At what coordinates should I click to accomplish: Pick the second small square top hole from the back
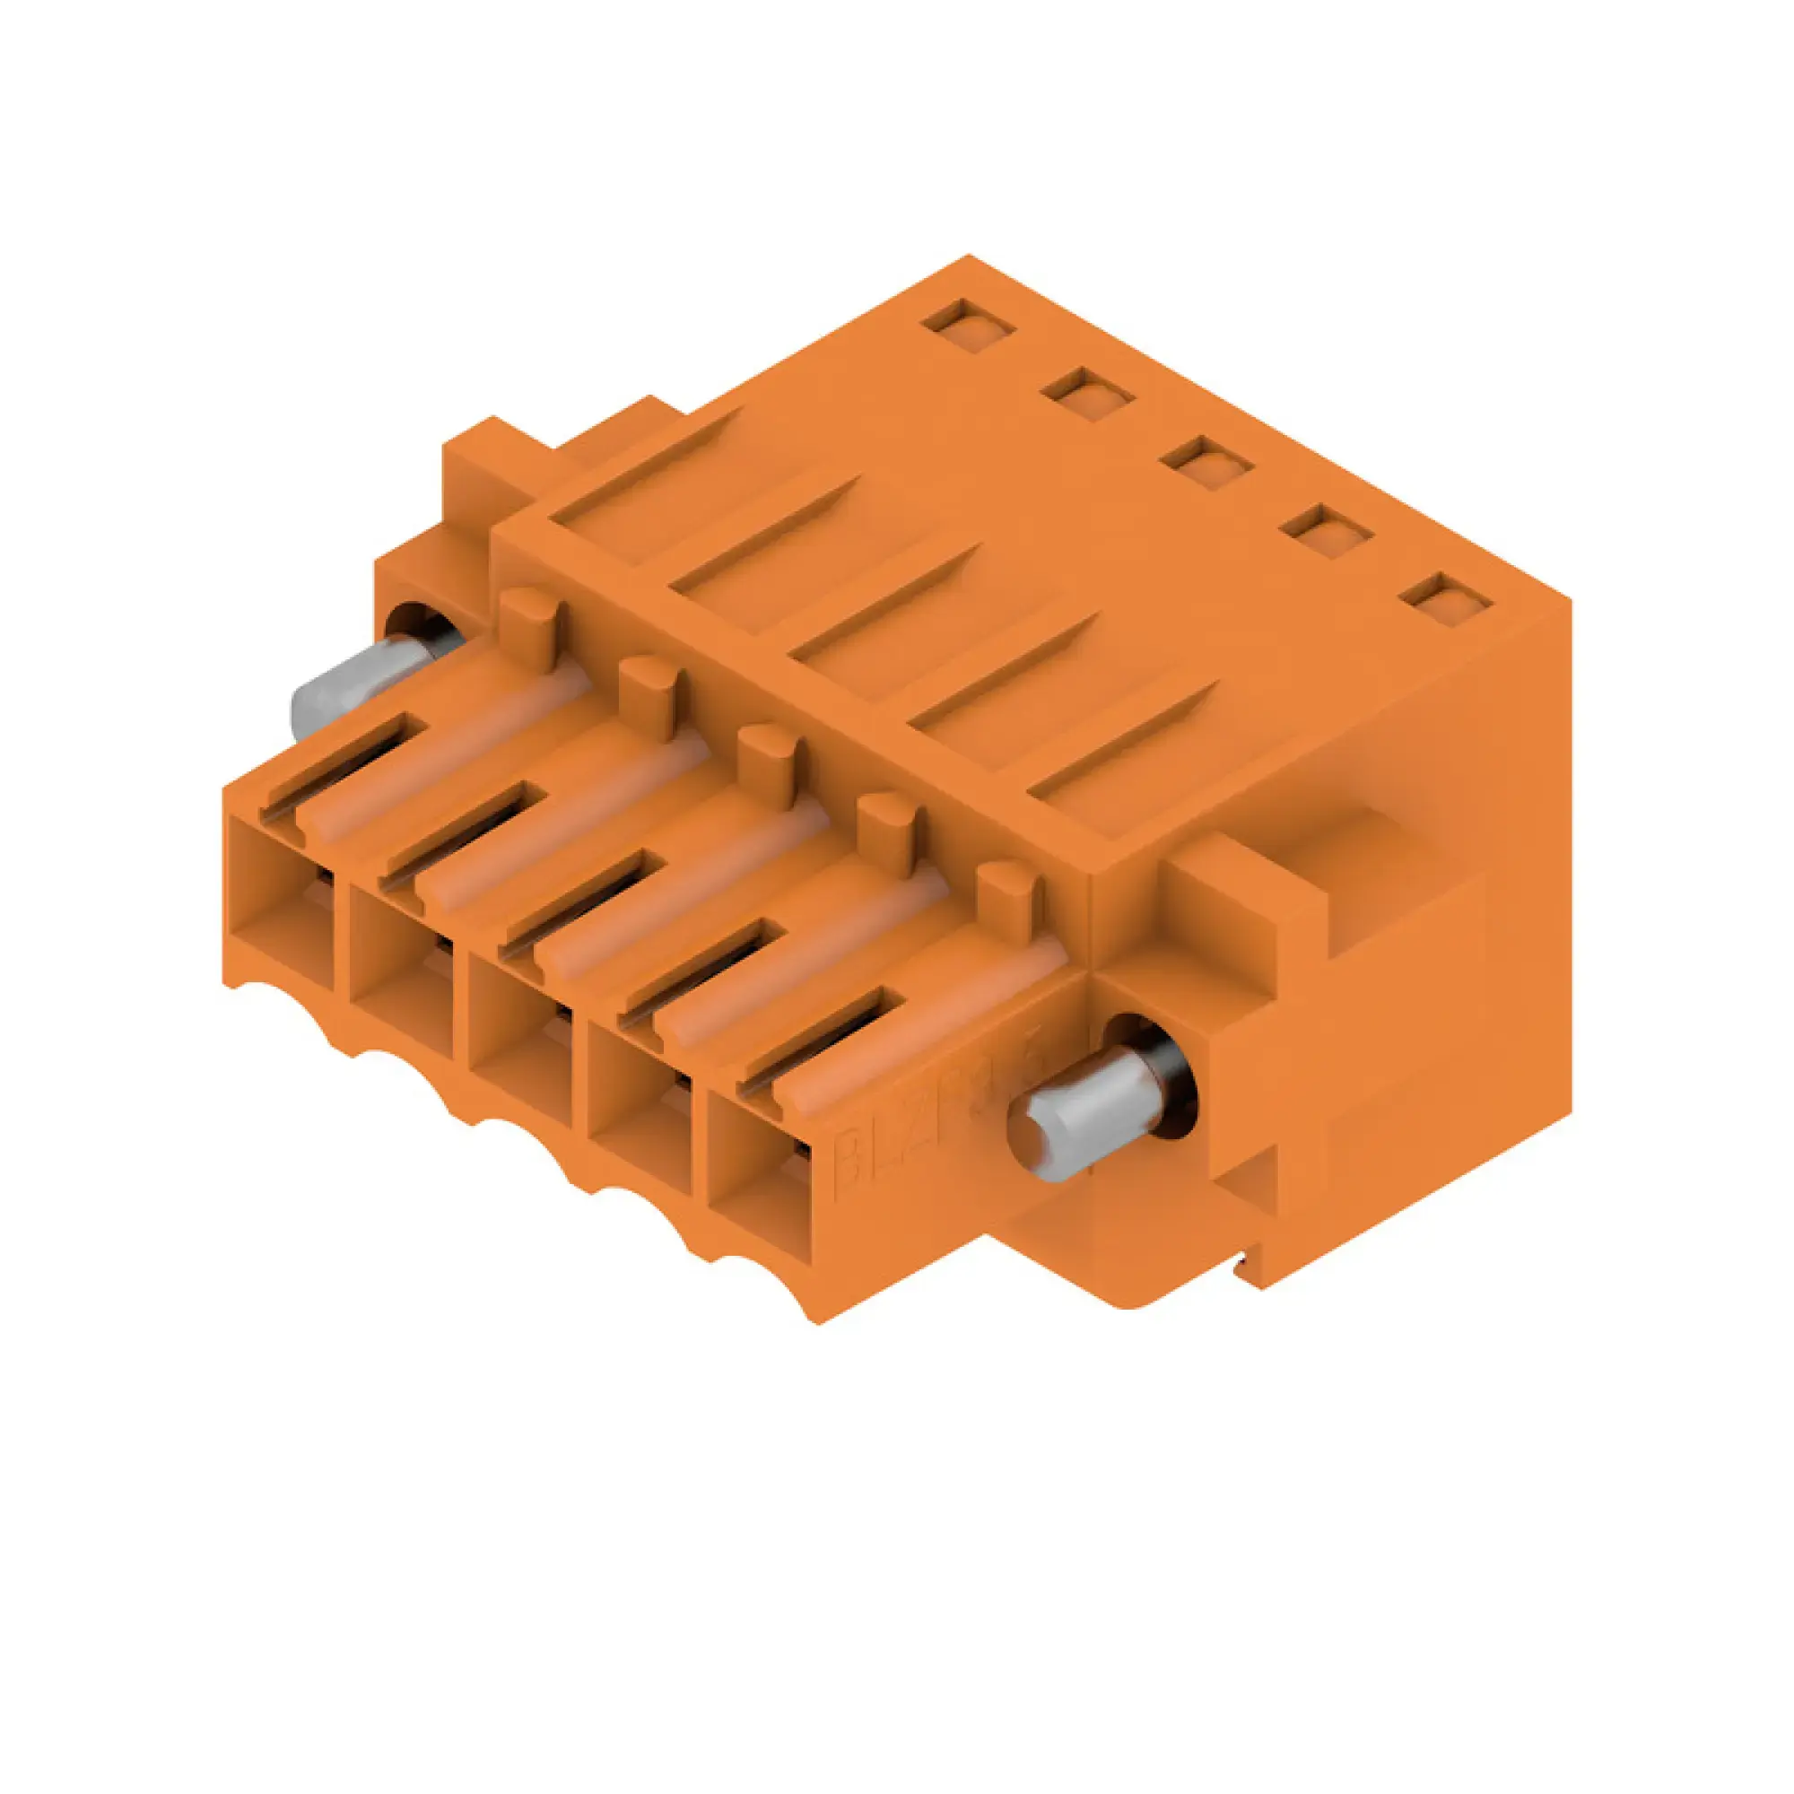coord(1087,395)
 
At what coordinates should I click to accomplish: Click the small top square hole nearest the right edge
coord(1446,600)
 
